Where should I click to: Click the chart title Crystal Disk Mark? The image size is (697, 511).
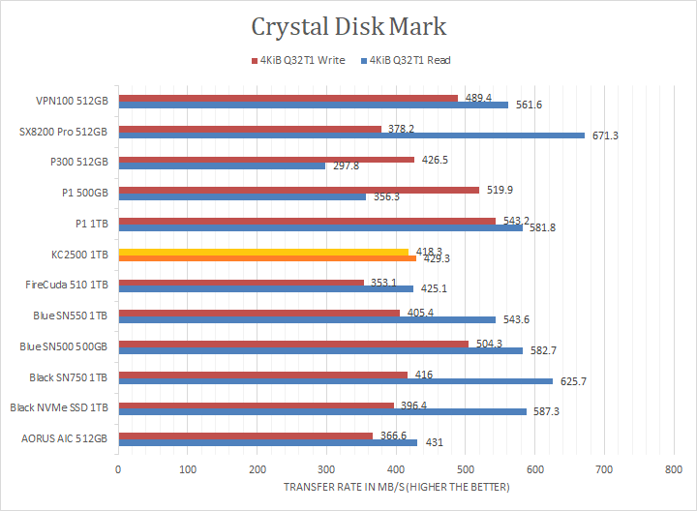348,25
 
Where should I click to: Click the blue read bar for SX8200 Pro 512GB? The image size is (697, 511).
350,135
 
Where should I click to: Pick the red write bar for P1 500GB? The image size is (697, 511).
298,190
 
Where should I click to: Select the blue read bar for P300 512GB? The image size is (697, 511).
222,165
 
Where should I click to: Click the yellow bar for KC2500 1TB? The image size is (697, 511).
263,252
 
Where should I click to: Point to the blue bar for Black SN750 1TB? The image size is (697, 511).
335,380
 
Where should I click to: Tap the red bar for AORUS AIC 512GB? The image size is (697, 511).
245,436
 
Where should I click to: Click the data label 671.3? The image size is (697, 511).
605,135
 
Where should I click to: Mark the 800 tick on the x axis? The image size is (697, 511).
673,468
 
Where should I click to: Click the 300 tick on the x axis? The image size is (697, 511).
326,468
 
